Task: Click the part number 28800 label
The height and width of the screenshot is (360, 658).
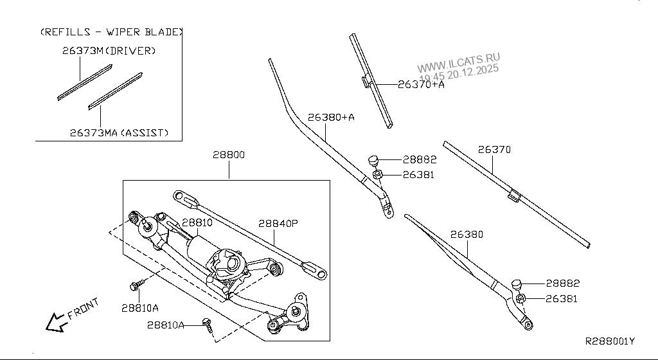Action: click(x=229, y=155)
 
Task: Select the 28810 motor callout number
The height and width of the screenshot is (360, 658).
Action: click(x=196, y=222)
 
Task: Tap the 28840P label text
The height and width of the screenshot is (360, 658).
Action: click(x=279, y=224)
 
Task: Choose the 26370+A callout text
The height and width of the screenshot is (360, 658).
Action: click(x=421, y=84)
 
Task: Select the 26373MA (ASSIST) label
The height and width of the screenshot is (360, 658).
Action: click(x=119, y=133)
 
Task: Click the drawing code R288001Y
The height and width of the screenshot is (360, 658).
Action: click(x=609, y=341)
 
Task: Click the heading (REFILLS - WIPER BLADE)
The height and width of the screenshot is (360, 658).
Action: click(x=111, y=32)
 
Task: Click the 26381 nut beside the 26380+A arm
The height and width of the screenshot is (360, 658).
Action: click(x=378, y=174)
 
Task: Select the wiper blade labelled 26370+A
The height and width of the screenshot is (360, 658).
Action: click(x=371, y=81)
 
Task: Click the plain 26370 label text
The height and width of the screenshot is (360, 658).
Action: click(x=494, y=149)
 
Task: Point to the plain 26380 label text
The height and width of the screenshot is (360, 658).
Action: click(x=467, y=235)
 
